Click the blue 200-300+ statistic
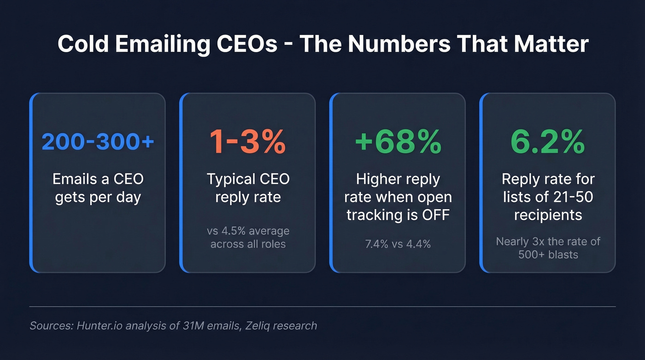click(x=98, y=142)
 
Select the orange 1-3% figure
click(x=247, y=142)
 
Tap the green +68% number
click(x=398, y=142)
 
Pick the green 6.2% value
click(x=547, y=142)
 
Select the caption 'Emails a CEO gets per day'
click(x=98, y=188)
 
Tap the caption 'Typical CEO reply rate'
click(x=247, y=188)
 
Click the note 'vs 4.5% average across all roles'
click(x=247, y=237)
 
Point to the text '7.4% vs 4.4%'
click(x=398, y=244)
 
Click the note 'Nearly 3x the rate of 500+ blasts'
click(x=547, y=248)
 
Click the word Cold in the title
click(x=83, y=44)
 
